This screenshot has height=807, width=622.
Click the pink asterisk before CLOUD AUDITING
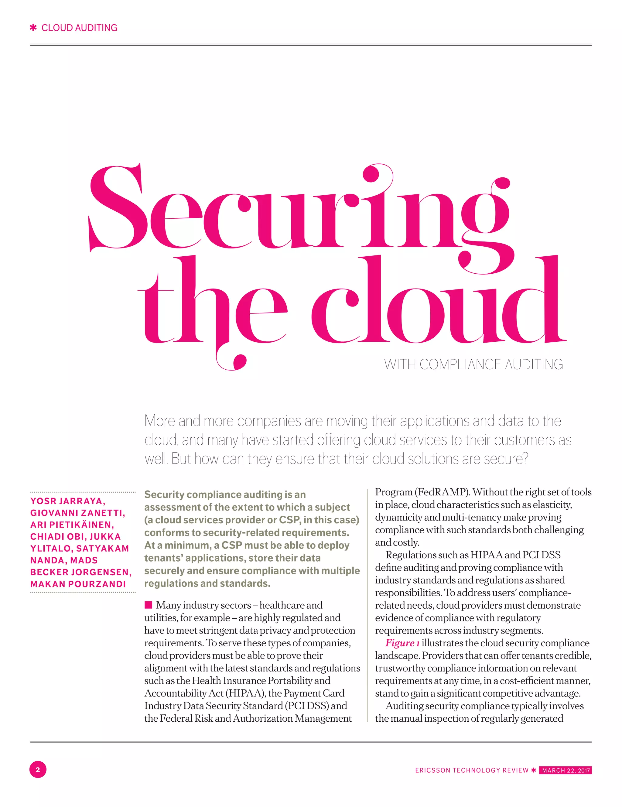pyautogui.click(x=33, y=28)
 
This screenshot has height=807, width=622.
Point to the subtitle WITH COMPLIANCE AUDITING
pyautogui.click(x=473, y=364)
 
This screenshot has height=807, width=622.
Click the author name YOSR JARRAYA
pyautogui.click(x=68, y=501)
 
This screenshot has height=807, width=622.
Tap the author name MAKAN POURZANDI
pyautogui.click(x=78, y=584)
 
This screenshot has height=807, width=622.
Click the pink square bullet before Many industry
pyautogui.click(x=148, y=604)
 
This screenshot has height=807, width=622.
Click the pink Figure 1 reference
pyautogui.click(x=402, y=643)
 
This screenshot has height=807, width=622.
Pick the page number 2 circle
pyautogui.click(x=38, y=770)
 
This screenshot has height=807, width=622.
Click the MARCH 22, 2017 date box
pyautogui.click(x=565, y=771)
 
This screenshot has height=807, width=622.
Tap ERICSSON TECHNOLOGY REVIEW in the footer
pyautogui.click(x=472, y=771)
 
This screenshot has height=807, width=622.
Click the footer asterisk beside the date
pyautogui.click(x=533, y=770)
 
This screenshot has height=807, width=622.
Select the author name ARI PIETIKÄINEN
pyautogui.click(x=72, y=525)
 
